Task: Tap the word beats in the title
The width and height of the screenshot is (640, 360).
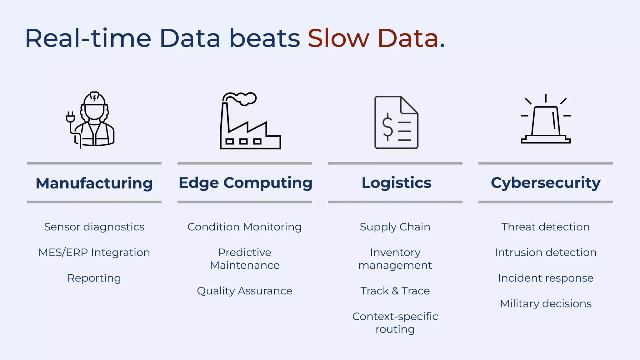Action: pos(264,38)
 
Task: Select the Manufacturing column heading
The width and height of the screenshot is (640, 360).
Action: pos(94,183)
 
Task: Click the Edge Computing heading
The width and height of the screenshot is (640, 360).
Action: pos(245,182)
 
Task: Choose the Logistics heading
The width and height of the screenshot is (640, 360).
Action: pos(396,182)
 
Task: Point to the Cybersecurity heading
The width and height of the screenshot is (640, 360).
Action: pos(546,182)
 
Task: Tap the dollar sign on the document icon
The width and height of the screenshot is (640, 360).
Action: pos(388,127)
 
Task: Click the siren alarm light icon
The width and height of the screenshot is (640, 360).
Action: pos(546,122)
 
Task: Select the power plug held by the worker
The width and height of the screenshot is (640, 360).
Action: pos(70,117)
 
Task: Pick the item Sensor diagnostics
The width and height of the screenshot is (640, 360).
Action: pos(94,227)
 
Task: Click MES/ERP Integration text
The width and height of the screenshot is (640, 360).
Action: pos(94,252)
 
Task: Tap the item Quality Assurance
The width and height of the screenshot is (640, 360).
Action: pos(245,291)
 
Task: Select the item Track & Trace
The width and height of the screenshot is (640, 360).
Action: pos(395,291)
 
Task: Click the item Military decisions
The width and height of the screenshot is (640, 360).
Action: pos(546,304)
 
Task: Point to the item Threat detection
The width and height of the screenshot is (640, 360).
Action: pos(546,227)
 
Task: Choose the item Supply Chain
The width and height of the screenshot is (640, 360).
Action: pos(395,227)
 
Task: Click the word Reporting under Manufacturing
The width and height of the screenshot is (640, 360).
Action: pos(94,278)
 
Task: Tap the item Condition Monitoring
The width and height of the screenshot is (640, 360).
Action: pos(245,227)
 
